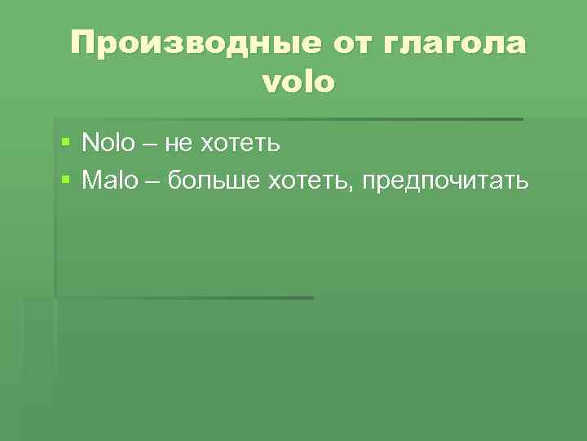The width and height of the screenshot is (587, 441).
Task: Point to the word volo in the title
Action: pyautogui.click(x=298, y=82)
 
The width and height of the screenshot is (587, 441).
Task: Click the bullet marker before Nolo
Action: pyautogui.click(x=66, y=145)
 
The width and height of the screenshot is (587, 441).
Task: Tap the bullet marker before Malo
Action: pyautogui.click(x=66, y=180)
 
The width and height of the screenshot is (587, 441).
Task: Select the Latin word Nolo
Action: pyautogui.click(x=108, y=145)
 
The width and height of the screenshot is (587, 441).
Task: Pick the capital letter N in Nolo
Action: pyautogui.click(x=89, y=145)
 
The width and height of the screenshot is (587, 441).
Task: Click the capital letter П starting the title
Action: pyautogui.click(x=82, y=43)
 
